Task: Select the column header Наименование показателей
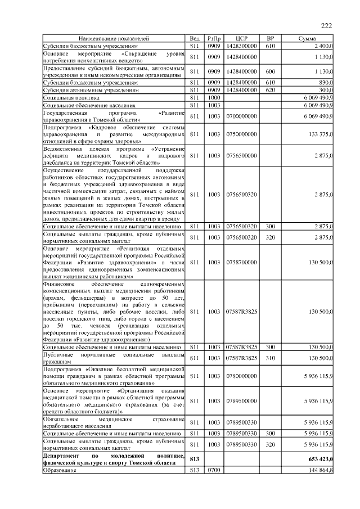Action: coord(114,38)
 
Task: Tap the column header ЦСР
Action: coord(242,38)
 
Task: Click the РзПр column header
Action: coord(214,38)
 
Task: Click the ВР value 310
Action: coord(270,358)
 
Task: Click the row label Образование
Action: coord(60,470)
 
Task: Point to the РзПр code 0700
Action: coord(214,470)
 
